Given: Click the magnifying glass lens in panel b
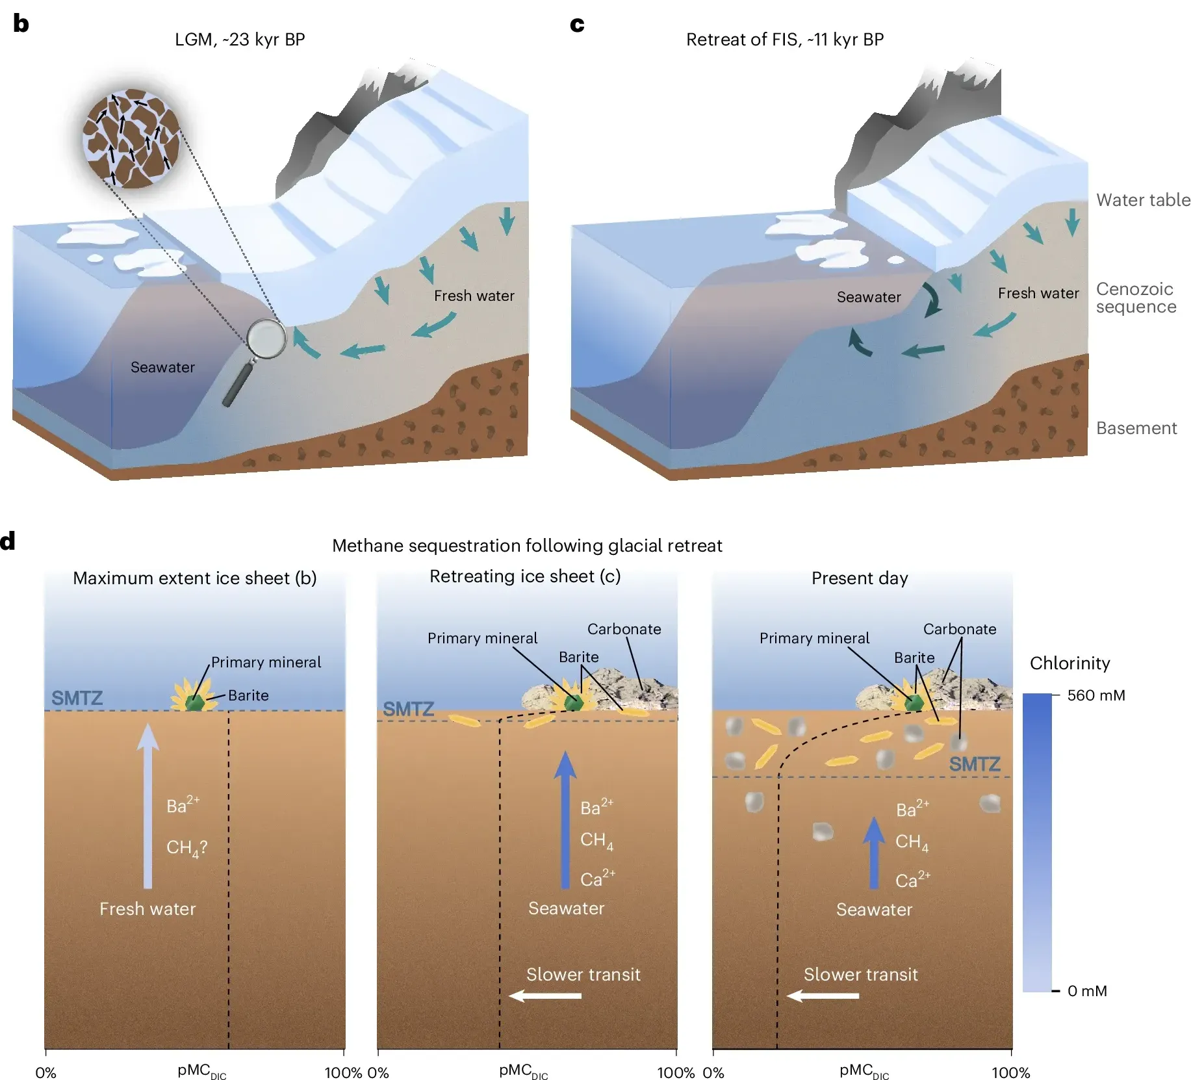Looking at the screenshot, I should (266, 339).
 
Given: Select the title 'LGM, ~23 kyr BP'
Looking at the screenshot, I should (240, 40).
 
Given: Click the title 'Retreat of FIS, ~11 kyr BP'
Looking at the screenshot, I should (784, 40).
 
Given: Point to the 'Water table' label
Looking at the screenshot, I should (1143, 199).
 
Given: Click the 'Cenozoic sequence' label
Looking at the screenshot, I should (1136, 298).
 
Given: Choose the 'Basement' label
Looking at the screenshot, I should (1136, 428).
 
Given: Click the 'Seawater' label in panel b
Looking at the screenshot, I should (162, 367).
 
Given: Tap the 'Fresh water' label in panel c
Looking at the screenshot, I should (1038, 293).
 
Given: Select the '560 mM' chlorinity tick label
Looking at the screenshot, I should (1095, 695).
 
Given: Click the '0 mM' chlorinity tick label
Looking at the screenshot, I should (1087, 991).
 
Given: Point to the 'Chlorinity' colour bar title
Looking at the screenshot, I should (1069, 663).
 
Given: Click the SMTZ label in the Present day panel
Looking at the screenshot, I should (974, 764).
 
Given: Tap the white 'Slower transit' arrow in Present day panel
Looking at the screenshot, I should (822, 996).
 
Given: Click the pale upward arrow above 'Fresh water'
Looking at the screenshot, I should (148, 806).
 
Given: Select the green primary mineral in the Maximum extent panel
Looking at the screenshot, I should (194, 702).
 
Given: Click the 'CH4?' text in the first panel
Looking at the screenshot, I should (186, 847).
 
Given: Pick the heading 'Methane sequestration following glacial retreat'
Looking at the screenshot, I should (527, 545).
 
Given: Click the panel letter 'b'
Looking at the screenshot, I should (21, 23).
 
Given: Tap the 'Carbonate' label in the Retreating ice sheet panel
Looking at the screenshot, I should (624, 629).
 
